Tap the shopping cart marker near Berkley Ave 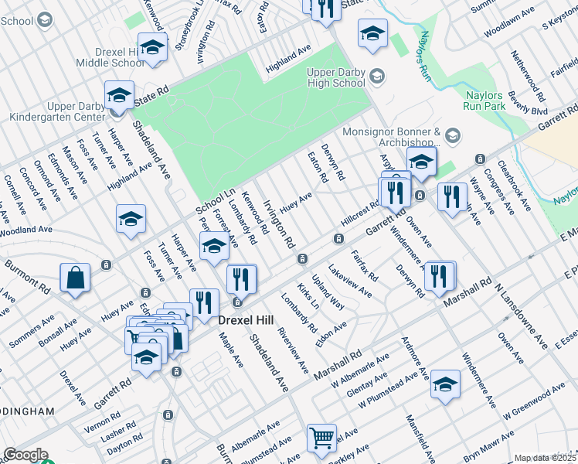(x=322, y=438)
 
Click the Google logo (x=25, y=455)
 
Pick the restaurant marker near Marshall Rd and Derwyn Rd (x=439, y=275)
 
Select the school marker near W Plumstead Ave (x=445, y=384)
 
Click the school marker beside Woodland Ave (x=131, y=220)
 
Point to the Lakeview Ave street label (x=349, y=281)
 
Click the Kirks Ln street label (x=308, y=299)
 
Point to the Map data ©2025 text (x=545, y=458)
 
